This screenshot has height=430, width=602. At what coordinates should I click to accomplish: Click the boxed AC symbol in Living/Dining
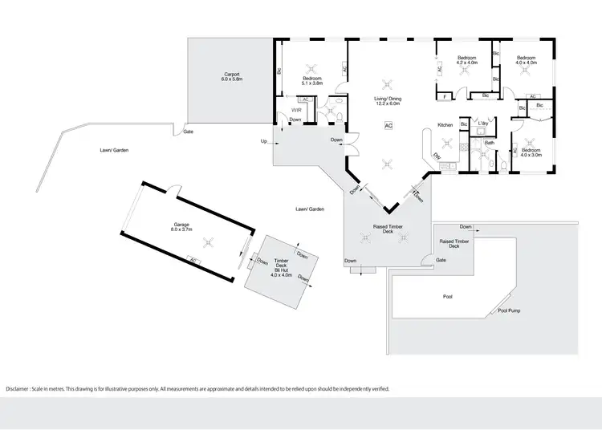(x=388, y=126)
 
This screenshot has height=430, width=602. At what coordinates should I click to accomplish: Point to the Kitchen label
(x=445, y=124)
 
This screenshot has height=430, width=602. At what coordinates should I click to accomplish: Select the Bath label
(x=489, y=143)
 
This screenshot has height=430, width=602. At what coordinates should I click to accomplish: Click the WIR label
(x=295, y=110)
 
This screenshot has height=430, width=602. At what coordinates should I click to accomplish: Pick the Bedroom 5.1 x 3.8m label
(x=311, y=80)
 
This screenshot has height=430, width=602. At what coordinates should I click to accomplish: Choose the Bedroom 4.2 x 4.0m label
(x=467, y=61)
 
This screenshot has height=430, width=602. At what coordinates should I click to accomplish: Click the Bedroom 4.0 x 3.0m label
(x=531, y=152)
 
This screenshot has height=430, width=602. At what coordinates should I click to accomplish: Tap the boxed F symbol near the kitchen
(x=445, y=97)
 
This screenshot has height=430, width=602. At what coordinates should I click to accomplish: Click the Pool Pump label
(x=509, y=310)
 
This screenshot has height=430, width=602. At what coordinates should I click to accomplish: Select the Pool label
(x=448, y=297)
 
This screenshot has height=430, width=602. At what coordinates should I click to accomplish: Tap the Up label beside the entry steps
(x=264, y=141)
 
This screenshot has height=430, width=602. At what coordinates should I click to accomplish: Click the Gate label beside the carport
(x=188, y=132)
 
